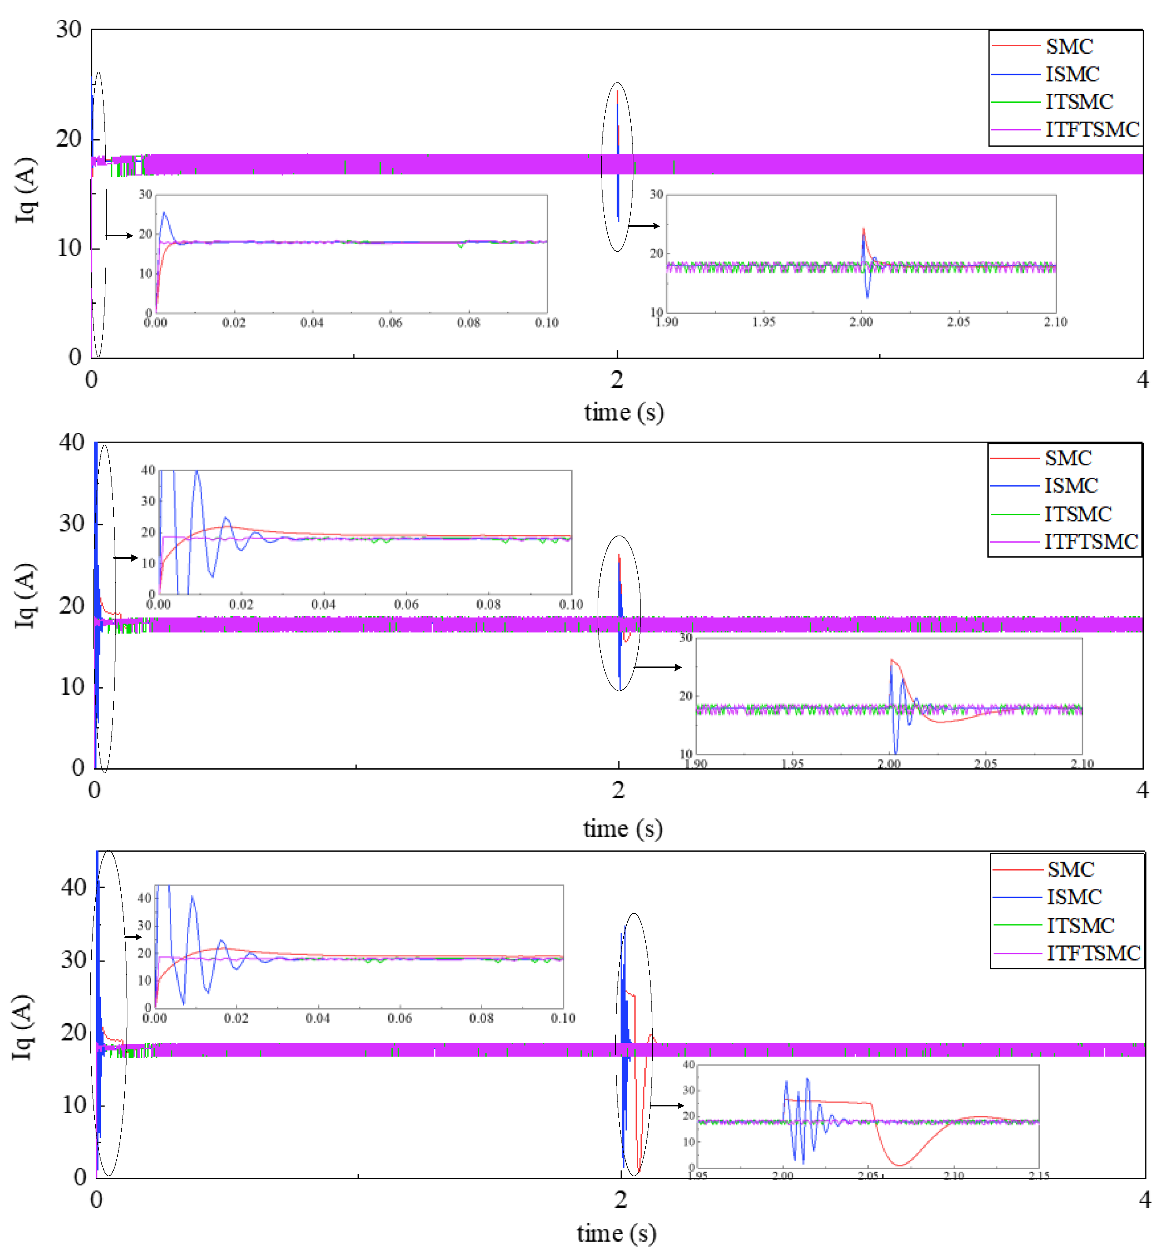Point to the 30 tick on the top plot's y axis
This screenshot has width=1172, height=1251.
click(x=69, y=30)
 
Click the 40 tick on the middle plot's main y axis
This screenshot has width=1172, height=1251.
click(x=72, y=443)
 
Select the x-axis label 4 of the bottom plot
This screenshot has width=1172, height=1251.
click(x=1144, y=1199)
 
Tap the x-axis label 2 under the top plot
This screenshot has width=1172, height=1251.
click(x=617, y=380)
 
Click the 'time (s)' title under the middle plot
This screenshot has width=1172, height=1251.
click(x=623, y=828)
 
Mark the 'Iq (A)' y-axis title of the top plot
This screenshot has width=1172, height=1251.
click(x=26, y=191)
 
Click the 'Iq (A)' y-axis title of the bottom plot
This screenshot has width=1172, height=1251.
click(x=23, y=1027)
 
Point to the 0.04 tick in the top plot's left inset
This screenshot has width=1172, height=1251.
click(x=311, y=323)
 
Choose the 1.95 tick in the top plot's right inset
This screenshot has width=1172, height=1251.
click(x=764, y=322)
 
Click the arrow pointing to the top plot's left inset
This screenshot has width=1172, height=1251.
click(x=119, y=235)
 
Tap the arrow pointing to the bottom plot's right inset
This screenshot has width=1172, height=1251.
click(x=667, y=1105)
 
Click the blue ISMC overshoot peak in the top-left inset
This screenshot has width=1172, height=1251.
click(x=164, y=213)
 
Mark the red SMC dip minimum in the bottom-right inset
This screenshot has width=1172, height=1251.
click(x=900, y=1165)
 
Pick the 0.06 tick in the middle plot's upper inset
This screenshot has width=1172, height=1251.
click(x=406, y=605)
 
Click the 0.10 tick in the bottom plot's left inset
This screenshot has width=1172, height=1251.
click(x=562, y=1018)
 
